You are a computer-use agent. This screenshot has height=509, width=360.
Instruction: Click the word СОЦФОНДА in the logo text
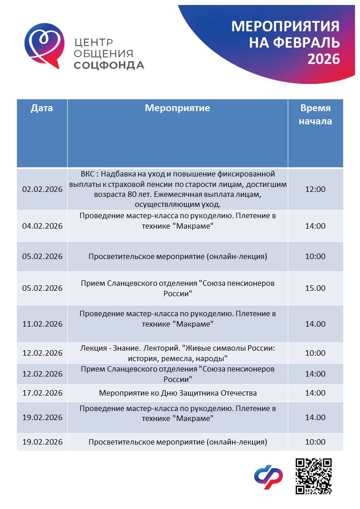(109, 65)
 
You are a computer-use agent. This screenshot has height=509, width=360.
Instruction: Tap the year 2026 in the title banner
(324, 59)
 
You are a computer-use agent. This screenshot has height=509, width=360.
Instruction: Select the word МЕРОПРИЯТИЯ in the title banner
(286, 26)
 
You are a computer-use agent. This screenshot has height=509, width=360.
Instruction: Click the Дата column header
(42, 108)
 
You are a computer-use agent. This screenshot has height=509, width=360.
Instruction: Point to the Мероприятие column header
(177, 108)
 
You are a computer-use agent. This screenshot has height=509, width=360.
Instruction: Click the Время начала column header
(315, 114)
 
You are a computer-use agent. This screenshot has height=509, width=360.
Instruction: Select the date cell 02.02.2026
(42, 189)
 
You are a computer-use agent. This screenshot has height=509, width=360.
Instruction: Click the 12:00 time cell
(315, 189)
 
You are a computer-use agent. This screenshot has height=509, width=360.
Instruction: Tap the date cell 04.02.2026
(42, 226)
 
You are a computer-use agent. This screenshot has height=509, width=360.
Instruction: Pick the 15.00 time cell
(315, 288)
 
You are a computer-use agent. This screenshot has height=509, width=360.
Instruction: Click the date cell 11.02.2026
(42, 324)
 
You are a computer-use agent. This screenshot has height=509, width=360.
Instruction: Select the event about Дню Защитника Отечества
(178, 393)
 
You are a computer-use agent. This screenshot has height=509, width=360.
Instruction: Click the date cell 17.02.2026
(42, 393)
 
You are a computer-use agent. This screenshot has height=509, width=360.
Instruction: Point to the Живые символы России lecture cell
(178, 353)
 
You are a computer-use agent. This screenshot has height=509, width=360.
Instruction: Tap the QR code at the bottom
(314, 476)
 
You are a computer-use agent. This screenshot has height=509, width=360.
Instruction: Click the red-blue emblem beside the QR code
(268, 477)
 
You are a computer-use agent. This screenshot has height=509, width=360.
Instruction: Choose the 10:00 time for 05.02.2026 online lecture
(315, 256)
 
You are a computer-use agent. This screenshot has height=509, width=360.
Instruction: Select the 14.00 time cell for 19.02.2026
(315, 417)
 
